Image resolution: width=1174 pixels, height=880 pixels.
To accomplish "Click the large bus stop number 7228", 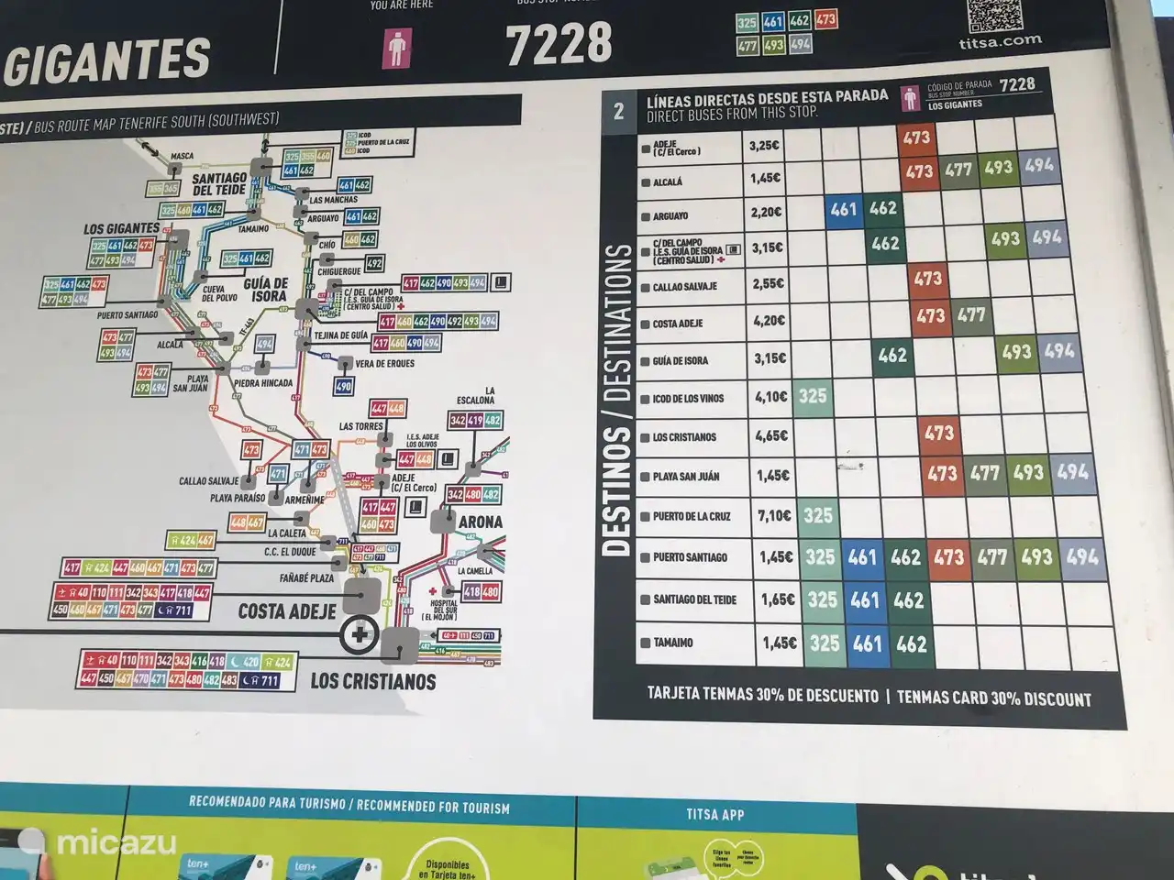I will coord(559,44).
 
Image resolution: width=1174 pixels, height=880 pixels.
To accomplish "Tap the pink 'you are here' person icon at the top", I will coord(397,48).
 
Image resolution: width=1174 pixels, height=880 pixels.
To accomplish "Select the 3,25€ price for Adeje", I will coord(764,146).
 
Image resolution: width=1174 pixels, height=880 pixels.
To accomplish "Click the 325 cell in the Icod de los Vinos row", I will coord(813,397).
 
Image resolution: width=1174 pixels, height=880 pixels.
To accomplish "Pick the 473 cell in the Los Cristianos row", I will coord(939,433).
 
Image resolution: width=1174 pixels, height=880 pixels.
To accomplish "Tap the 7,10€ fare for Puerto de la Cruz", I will coord(774,516).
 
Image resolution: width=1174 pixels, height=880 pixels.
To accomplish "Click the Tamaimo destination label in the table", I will coord(673,643).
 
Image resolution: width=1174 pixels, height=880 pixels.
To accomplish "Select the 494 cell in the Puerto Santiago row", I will coord(1082,556).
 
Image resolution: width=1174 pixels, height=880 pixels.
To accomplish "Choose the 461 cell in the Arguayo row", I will coord(843,210).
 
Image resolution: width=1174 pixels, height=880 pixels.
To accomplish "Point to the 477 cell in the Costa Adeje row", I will coord(971,316).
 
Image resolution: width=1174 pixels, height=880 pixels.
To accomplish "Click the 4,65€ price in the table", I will coord(771,436).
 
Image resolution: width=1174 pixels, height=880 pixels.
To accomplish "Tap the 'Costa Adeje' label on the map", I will coord(287,610).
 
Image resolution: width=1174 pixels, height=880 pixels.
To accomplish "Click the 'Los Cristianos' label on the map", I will coord(372,681).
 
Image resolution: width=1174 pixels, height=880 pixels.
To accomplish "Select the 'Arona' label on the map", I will coord(481,522).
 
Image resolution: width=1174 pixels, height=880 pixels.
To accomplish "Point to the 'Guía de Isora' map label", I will coord(266,290).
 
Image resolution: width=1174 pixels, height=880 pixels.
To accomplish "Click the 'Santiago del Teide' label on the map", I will coord(219,183).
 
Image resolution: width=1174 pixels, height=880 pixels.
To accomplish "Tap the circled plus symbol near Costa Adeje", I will coord(358,634).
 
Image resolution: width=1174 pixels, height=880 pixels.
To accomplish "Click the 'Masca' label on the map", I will coord(183,156).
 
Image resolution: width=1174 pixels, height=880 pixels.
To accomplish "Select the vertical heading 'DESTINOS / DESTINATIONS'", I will coord(617,400).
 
